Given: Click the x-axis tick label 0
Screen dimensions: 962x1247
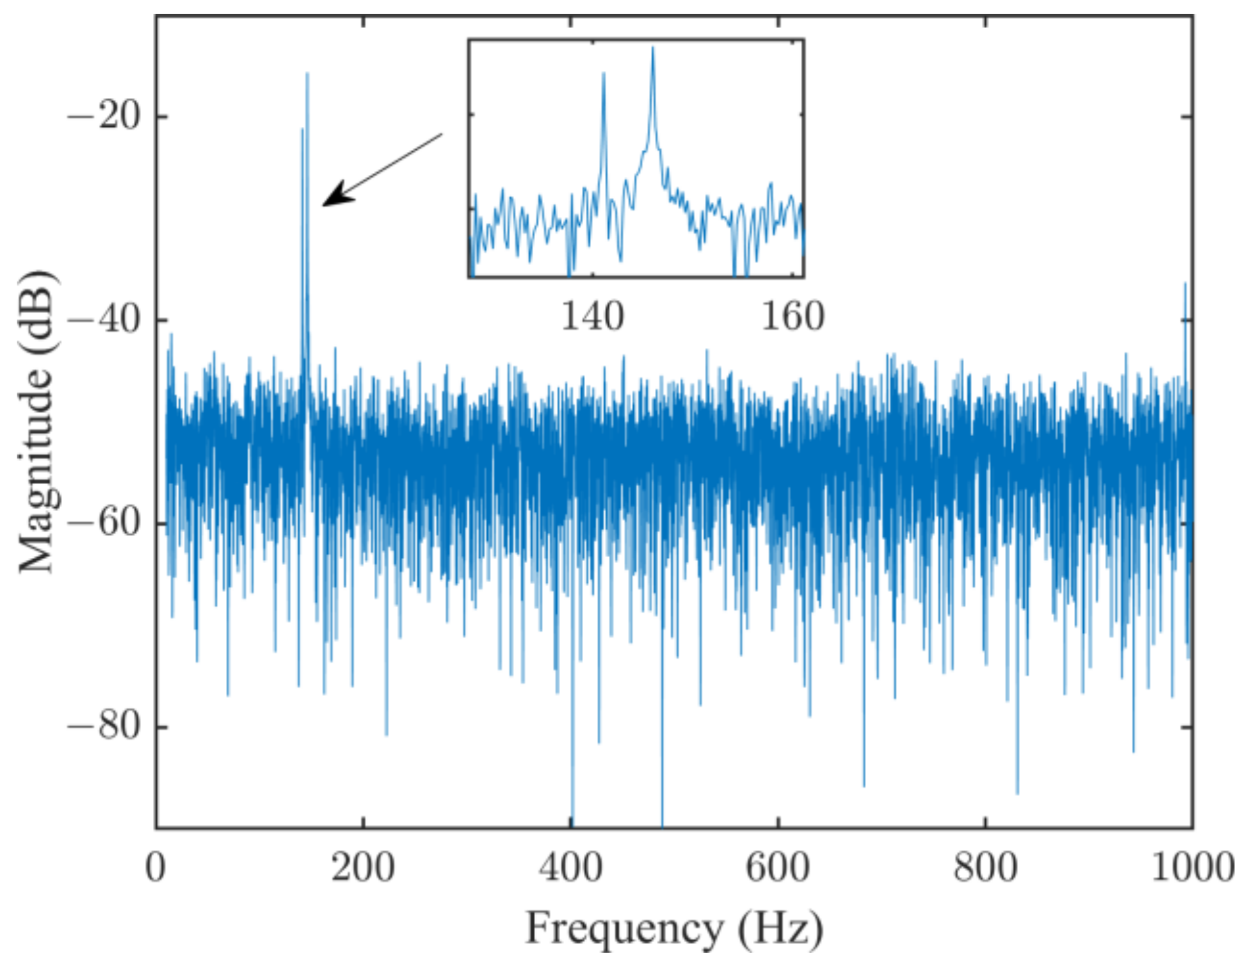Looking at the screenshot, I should [x=156, y=868].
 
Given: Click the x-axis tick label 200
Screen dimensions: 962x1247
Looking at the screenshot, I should [x=363, y=868].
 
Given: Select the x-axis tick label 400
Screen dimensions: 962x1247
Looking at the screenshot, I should [x=570, y=868].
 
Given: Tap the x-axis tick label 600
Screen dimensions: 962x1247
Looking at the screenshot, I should [x=778, y=868].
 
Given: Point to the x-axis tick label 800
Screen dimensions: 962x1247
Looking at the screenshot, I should [x=985, y=868].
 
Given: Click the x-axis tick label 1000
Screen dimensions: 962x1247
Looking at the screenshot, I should [x=1192, y=868].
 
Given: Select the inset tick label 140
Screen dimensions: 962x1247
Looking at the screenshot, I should [x=592, y=316].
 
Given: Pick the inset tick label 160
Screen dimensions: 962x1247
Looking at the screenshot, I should [x=793, y=316].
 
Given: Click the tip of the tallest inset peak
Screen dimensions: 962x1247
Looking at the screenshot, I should [x=653, y=48].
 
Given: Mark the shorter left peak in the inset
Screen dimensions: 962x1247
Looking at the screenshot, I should [x=604, y=74].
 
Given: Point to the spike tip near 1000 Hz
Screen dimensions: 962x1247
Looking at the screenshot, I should [x=1185, y=284].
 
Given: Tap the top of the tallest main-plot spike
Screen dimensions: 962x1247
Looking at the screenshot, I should [x=307, y=74].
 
